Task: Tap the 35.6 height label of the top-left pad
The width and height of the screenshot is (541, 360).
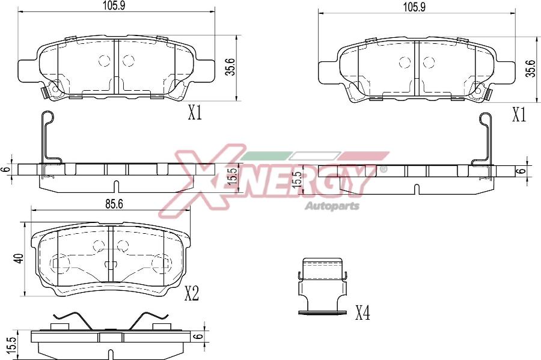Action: click(231, 66)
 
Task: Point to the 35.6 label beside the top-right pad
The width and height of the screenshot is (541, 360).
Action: click(531, 68)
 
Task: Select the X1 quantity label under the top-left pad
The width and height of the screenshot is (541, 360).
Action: click(195, 113)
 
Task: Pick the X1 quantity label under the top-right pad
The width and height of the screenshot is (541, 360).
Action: click(519, 115)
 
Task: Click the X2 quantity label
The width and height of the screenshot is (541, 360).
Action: click(192, 294)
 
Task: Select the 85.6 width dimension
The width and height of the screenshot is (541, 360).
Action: click(114, 204)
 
